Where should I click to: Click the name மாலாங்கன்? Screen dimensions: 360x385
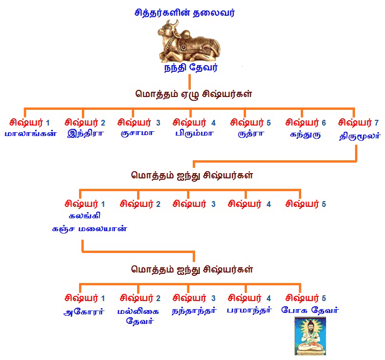click(x=31, y=134)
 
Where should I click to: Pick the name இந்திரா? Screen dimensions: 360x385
click(x=85, y=134)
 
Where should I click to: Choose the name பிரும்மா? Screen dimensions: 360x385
click(x=193, y=134)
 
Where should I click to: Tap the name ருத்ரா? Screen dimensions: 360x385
click(x=250, y=134)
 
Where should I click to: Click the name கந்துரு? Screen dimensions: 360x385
click(x=305, y=134)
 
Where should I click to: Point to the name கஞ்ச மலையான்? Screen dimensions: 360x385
click(x=89, y=228)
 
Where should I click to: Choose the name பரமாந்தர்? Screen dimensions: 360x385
click(x=249, y=311)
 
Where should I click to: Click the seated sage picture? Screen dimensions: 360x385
click(x=310, y=337)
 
